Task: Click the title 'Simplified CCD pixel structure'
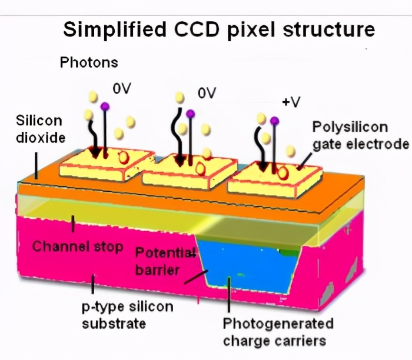coord(218,29)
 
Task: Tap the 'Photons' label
coord(89,62)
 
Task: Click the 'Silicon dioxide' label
coord(39,129)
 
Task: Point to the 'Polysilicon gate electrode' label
coord(360,135)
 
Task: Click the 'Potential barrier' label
coord(165,261)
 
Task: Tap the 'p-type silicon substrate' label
coord(127,315)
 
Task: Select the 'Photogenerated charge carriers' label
coord(277,332)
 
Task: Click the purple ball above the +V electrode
coord(274,121)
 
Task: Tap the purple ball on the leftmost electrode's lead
coord(105,106)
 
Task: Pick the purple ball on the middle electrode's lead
coord(190,113)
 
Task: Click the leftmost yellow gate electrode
coord(100,160)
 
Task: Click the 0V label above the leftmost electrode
coord(122,89)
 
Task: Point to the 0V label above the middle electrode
coord(207,94)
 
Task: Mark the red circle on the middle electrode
coord(200,169)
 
